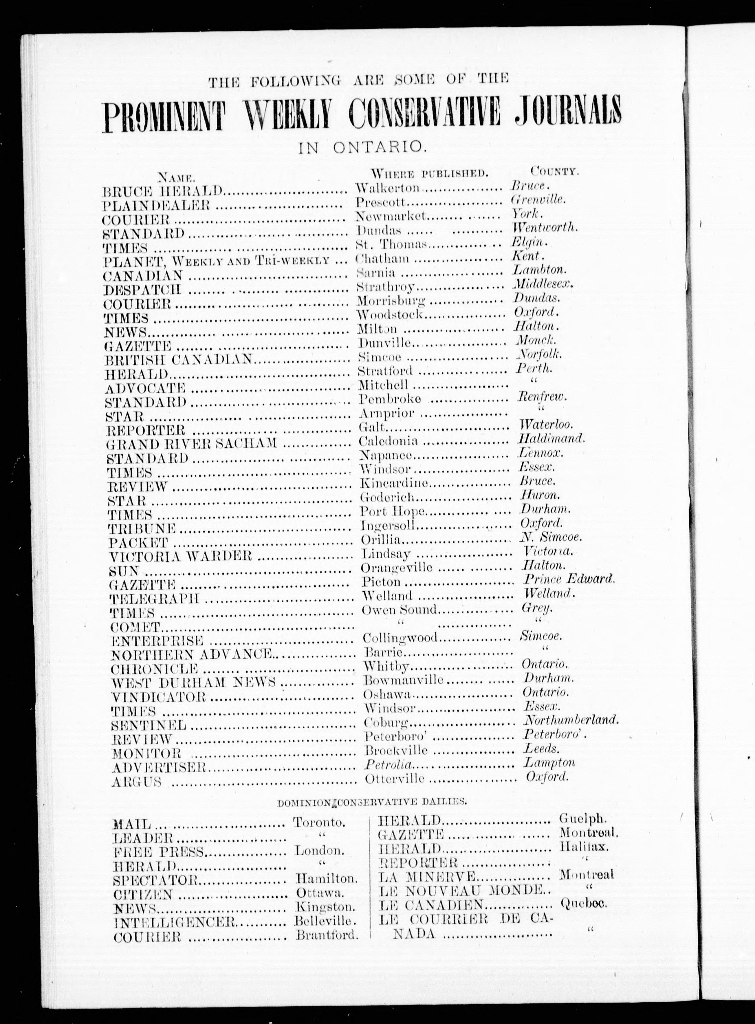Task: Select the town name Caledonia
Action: point(389,441)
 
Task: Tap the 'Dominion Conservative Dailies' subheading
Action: point(372,802)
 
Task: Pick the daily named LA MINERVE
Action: point(427,876)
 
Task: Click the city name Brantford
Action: point(326,935)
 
